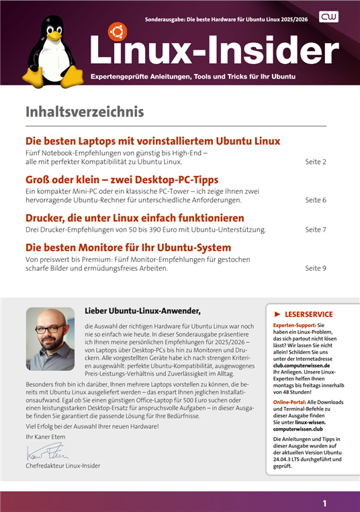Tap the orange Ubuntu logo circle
tap(118, 31)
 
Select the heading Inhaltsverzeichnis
tap(85, 111)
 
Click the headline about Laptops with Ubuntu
tap(152, 141)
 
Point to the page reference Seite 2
tap(316, 162)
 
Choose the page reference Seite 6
tap(316, 200)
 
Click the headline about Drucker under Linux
tap(134, 218)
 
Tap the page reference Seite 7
tap(316, 229)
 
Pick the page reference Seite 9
tap(316, 268)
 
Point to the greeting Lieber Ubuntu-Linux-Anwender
tap(143, 310)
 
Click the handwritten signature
tap(44, 452)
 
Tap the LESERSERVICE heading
tap(309, 314)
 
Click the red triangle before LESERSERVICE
tap(277, 314)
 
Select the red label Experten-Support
tap(296, 325)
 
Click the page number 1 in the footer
tap(324, 503)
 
